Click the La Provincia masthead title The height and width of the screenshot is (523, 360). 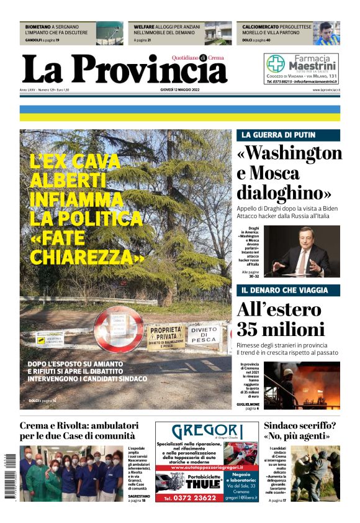click(124, 70)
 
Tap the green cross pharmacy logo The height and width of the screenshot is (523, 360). click(276, 63)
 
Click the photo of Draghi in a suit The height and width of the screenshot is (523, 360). click(302, 251)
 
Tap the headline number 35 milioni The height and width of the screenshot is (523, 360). click(281, 330)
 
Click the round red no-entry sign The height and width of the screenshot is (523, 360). click(119, 328)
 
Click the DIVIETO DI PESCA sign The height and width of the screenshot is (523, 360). click(205, 335)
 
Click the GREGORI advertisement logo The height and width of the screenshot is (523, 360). click(205, 431)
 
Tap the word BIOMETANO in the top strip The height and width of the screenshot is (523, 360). click(38, 28)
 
